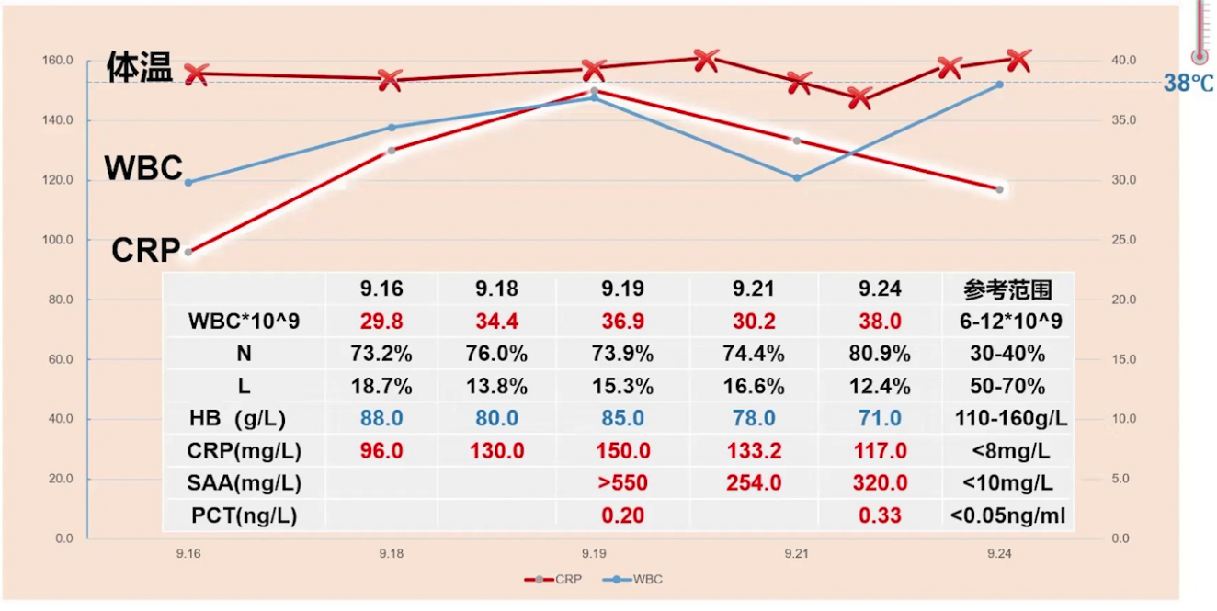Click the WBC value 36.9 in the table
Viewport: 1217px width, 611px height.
tap(622, 322)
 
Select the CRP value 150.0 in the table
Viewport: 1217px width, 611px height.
tap(622, 451)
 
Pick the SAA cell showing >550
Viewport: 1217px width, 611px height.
tap(622, 483)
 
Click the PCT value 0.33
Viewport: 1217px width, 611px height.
tap(880, 515)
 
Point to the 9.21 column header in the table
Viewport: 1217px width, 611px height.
tap(754, 289)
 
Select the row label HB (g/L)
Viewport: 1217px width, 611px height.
tap(237, 419)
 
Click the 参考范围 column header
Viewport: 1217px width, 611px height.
tap(1007, 289)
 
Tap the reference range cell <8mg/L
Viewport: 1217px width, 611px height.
tap(1008, 451)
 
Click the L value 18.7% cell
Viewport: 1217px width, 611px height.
tap(381, 386)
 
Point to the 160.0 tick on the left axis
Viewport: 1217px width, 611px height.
tap(57, 61)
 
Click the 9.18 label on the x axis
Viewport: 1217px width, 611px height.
tap(391, 555)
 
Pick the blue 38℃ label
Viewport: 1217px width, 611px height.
tap(1189, 84)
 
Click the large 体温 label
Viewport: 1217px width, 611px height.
tap(140, 67)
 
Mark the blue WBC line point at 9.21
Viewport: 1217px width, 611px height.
tap(797, 177)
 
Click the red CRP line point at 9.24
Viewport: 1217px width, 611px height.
tap(999, 189)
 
